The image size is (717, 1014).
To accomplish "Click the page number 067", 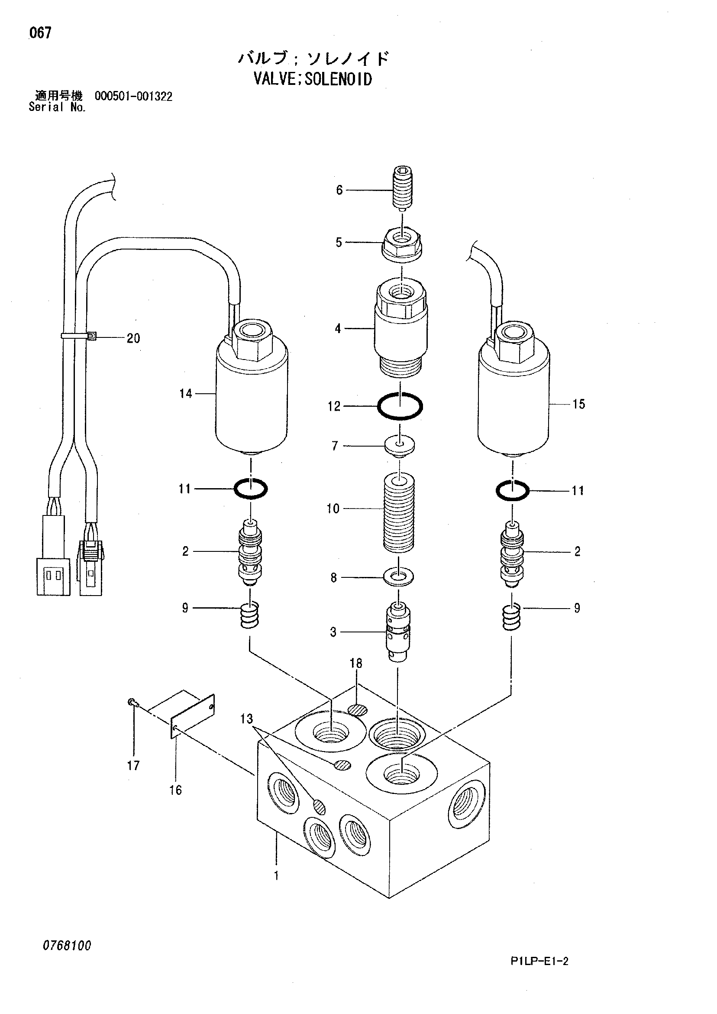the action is coord(40,32).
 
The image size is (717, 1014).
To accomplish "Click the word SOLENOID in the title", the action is coord(338,80).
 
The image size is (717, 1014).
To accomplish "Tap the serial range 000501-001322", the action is coord(133,96).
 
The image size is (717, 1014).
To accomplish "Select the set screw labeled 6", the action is coord(402,188).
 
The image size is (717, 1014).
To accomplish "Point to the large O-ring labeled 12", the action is coord(400,405).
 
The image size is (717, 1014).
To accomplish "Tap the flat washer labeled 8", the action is coord(399,577).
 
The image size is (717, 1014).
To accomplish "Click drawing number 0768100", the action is coord(67,946).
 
